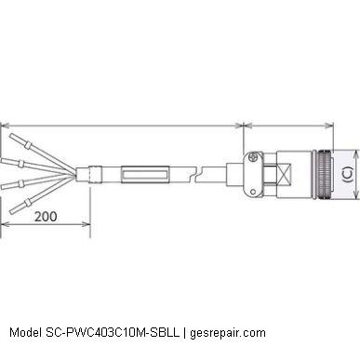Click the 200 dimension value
tap(46, 217)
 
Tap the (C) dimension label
tap(348, 175)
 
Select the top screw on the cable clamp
tap(254, 157)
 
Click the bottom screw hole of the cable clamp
tap(253, 192)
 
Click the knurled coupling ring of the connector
tap(323, 174)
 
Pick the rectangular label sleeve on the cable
tap(145, 175)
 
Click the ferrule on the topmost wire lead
tap(28, 144)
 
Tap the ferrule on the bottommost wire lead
tap(27, 204)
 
